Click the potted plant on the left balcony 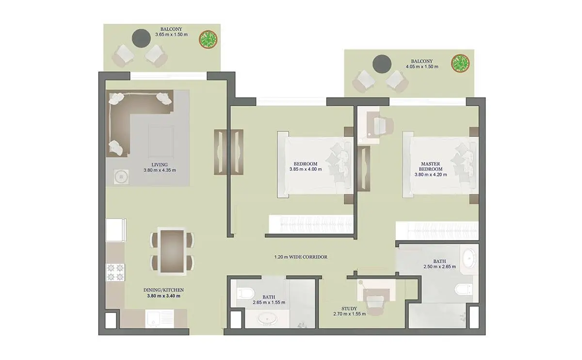(208, 39)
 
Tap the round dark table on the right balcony (382, 64)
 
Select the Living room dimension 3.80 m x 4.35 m (160, 170)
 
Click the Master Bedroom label (431, 166)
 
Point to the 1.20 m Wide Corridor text (301, 257)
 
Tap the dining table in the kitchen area (172, 251)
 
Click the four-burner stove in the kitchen (115, 272)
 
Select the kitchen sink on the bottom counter (160, 318)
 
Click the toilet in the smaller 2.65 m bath (245, 294)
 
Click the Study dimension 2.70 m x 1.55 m (350, 314)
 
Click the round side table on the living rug (121, 177)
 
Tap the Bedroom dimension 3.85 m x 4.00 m (306, 169)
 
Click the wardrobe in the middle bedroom (311, 224)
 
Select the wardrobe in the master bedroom (437, 230)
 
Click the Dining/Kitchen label (164, 290)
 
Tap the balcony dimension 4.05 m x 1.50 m (422, 67)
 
